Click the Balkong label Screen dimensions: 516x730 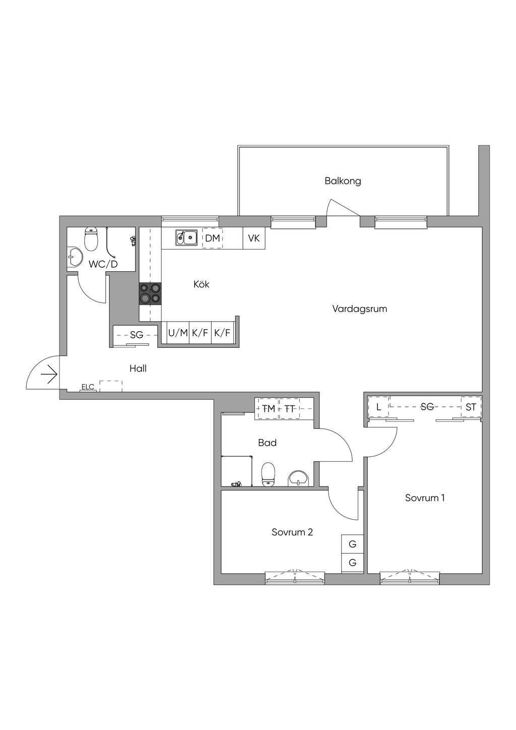[343, 181]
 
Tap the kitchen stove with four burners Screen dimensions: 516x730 [150, 293]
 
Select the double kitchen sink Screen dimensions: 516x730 [186, 237]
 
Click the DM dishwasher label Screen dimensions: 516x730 [212, 238]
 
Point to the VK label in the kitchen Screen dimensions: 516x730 [254, 238]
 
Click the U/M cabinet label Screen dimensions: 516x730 [178, 333]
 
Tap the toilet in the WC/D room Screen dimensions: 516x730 [91, 239]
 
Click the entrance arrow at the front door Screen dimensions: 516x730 [49, 375]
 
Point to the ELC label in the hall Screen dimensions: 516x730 [88, 387]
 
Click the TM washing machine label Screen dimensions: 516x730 [269, 408]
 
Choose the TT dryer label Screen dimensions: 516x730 [290, 408]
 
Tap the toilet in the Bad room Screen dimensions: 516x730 [269, 474]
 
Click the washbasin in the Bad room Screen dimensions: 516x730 [298, 478]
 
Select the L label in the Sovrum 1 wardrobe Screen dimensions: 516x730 [378, 407]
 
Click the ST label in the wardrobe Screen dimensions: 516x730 [471, 407]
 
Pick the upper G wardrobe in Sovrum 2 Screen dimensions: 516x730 [352, 544]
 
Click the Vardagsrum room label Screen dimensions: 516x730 [360, 309]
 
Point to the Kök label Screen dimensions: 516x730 [202, 284]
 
